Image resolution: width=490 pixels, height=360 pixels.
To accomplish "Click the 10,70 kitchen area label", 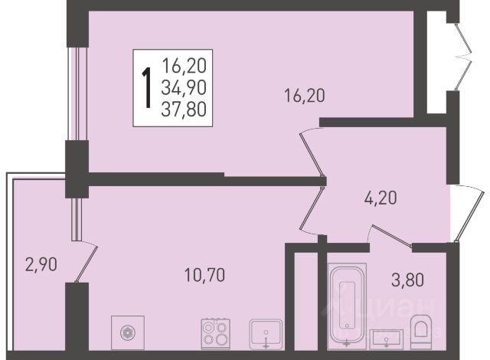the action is tap(204, 275).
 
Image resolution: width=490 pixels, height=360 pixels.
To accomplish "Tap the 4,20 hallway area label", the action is tap(381, 198).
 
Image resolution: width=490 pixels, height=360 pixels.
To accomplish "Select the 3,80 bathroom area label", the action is tap(407, 280).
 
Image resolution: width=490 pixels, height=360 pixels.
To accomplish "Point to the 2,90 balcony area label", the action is tap(41, 265).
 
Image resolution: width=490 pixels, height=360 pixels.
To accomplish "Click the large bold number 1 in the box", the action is tap(146, 88).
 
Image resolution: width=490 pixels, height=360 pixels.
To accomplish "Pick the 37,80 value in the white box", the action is tap(184, 110).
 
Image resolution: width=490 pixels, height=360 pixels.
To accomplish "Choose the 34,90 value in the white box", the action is tap(184, 88).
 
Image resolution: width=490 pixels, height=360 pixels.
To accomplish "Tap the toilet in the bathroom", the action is tap(421, 332).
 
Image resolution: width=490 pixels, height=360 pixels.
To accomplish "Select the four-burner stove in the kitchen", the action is tap(216, 334).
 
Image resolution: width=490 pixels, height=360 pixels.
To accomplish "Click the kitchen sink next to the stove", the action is tap(266, 334).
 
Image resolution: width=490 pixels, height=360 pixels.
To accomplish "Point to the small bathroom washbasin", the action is tap(387, 339).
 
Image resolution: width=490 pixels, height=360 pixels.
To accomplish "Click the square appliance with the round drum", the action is tap(128, 332).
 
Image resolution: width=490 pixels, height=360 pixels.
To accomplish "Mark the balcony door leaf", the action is tap(87, 263).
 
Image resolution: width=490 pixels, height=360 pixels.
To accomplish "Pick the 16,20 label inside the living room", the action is tap(305, 95).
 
